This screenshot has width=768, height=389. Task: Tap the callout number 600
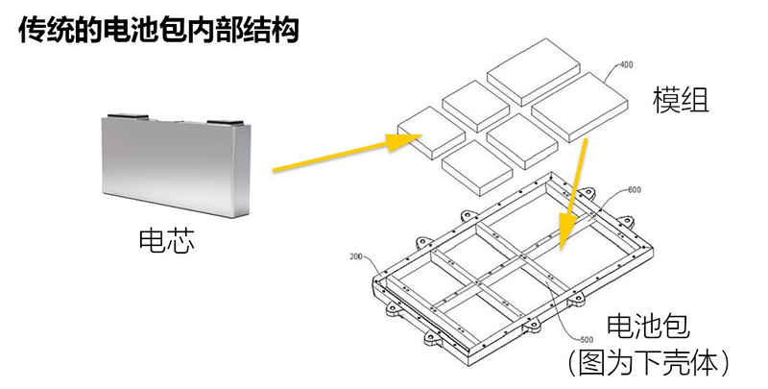click(633, 189)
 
